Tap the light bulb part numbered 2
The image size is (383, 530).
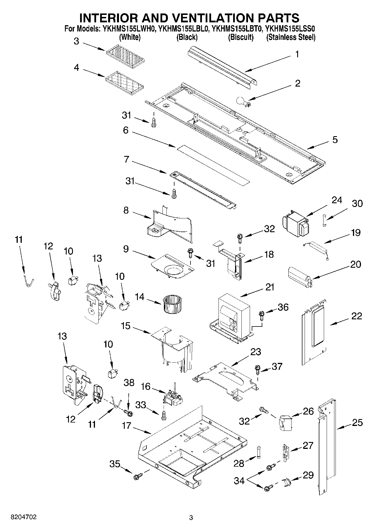242,102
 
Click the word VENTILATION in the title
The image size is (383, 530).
205,18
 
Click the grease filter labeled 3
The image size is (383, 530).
125,56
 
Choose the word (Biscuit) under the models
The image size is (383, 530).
241,37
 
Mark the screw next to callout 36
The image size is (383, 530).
261,315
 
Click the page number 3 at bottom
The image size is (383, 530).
191,517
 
